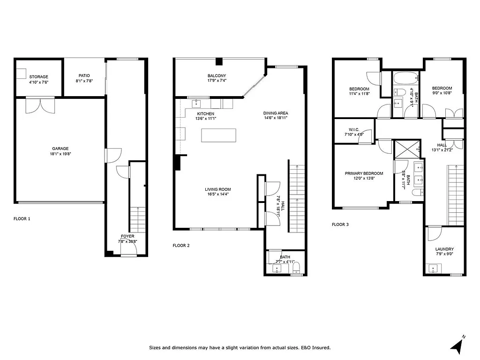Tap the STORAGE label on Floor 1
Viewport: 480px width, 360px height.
coord(38,77)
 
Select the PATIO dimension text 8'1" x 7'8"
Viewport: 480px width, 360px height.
coord(84,81)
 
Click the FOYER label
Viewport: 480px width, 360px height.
coord(127,236)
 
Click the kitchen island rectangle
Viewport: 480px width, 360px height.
coord(218,135)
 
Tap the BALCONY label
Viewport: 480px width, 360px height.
coord(217,76)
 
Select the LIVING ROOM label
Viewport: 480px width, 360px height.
coord(217,189)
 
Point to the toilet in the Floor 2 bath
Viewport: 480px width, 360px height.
coord(296,268)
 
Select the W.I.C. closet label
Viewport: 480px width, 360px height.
coord(354,129)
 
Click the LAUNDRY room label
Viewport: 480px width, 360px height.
coord(444,249)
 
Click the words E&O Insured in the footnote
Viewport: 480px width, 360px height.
coord(316,348)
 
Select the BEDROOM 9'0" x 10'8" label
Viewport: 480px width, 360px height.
coord(442,88)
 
